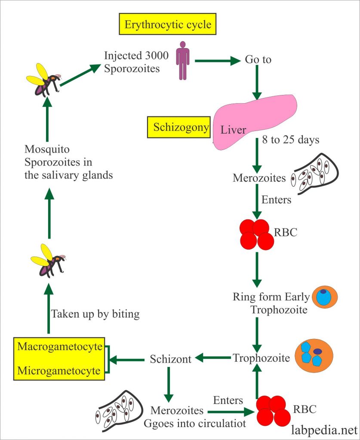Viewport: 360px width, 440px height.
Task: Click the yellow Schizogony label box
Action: coord(178,128)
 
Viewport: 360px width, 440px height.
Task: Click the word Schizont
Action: coord(170,359)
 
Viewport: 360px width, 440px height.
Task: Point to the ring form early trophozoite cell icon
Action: coord(325,297)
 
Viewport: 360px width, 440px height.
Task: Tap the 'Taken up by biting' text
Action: coord(95,314)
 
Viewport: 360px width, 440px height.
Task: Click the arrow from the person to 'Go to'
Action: coord(217,61)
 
